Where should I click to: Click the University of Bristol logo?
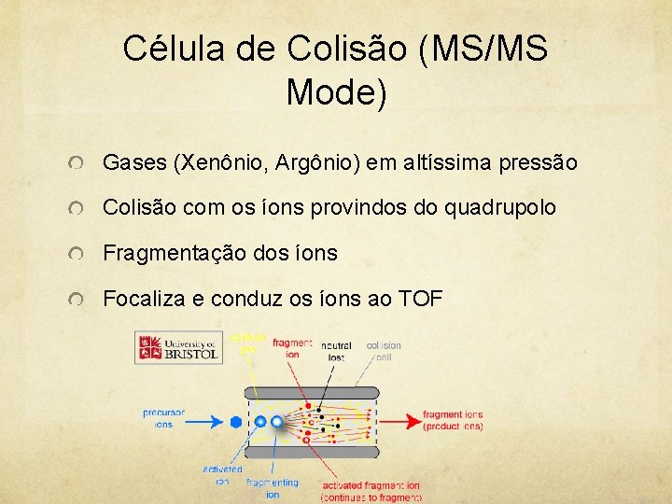(x=177, y=346)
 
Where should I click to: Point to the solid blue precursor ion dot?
(x=236, y=422)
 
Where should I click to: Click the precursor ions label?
(x=163, y=417)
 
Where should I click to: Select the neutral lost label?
(x=336, y=350)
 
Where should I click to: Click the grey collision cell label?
(x=384, y=350)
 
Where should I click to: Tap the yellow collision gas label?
(x=248, y=343)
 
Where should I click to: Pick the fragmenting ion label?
(x=273, y=488)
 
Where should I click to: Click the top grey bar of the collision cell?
(x=312, y=392)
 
